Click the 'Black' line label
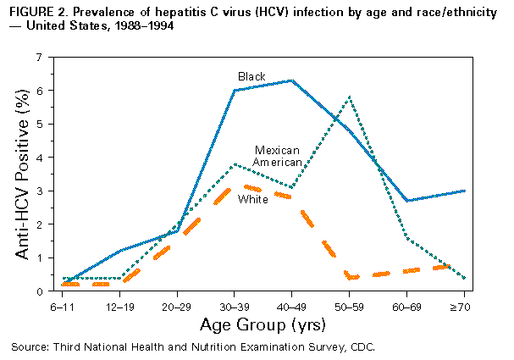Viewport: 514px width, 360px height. click(251, 76)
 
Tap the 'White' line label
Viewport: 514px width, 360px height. click(252, 199)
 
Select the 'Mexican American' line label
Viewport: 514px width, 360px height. click(277, 156)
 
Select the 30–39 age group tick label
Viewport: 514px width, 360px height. click(234, 303)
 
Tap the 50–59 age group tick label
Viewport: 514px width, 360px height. click(349, 303)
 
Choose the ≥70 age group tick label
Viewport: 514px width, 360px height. click(465, 303)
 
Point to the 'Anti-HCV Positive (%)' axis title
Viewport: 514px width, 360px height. click(19, 174)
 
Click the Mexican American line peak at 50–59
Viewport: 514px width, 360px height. click(349, 97)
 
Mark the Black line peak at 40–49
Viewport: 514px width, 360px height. click(291, 80)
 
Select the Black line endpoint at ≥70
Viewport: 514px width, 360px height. click(465, 191)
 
